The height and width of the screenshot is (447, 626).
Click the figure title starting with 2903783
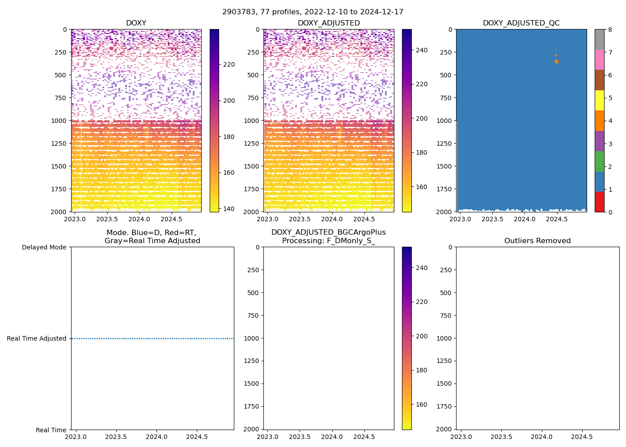[313, 12]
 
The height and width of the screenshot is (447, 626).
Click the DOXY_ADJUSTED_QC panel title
[521, 23]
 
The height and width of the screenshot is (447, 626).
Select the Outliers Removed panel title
[537, 241]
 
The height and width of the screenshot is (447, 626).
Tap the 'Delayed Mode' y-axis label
[44, 247]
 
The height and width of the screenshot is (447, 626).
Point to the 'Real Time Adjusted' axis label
[37, 339]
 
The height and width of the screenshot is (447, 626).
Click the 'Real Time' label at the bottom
[51, 430]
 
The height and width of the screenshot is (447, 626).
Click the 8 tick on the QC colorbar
[610, 30]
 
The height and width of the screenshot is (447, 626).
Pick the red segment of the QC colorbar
[599, 202]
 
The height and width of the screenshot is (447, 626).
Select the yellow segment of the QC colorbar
[599, 100]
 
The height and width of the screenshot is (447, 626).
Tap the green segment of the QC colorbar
[599, 161]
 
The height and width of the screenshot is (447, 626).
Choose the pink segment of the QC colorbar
[599, 59]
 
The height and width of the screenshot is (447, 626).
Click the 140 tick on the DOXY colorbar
[229, 208]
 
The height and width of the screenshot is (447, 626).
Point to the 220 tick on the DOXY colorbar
[229, 65]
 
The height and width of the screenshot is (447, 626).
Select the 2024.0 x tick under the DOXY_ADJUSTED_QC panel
[524, 219]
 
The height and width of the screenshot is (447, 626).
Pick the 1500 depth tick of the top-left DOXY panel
[59, 166]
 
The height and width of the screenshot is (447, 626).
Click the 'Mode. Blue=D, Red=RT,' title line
[151, 233]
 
